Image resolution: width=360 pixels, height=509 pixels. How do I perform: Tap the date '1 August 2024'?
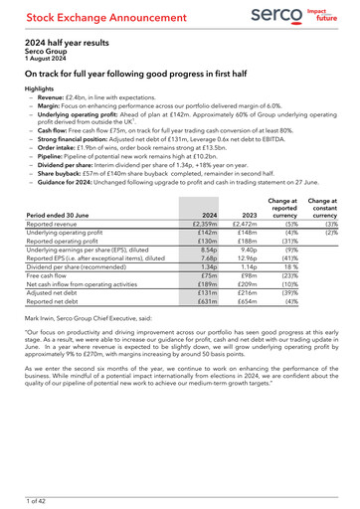pyautogui.click(x=47, y=60)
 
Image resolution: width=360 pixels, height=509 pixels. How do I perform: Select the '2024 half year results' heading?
pyautogui.click(x=69, y=43)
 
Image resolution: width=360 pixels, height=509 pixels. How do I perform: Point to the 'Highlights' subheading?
pyautogui.click(x=41, y=88)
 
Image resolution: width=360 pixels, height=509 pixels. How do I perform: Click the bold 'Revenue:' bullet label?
pyautogui.click(x=54, y=96)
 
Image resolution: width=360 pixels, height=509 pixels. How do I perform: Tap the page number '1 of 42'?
pyautogui.click(x=37, y=496)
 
